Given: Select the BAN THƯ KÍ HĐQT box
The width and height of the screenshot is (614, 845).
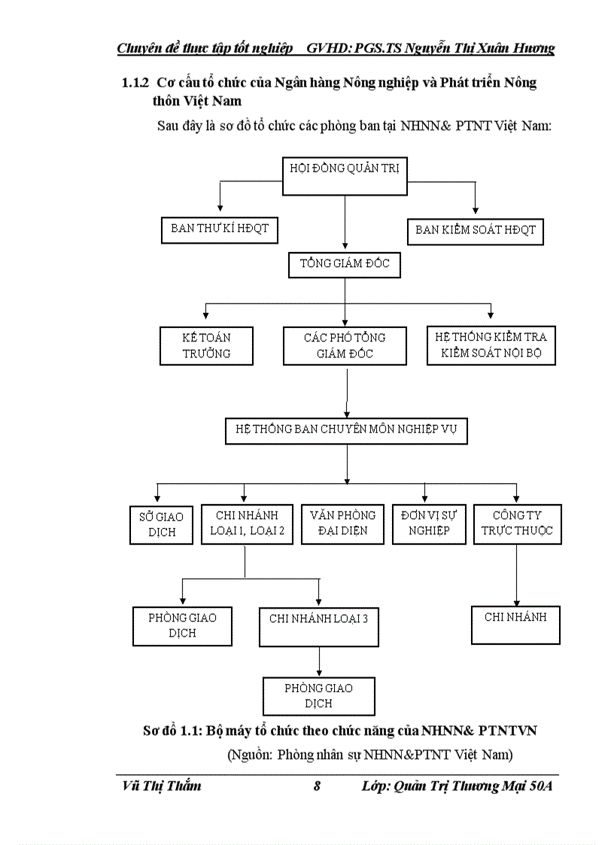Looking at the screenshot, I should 220,229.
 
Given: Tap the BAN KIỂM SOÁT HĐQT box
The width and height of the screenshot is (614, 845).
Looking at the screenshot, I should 476,230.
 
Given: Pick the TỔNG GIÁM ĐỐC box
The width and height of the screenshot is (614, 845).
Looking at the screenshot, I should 345,266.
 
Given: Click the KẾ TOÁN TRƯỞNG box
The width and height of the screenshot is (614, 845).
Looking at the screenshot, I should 206,345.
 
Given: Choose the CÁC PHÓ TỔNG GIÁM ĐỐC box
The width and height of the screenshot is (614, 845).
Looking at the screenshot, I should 345,345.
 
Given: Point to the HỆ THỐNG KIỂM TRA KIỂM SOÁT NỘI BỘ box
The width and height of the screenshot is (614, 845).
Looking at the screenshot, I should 491,345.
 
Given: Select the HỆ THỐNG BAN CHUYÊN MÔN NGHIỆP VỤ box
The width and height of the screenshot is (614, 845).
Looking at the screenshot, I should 347,431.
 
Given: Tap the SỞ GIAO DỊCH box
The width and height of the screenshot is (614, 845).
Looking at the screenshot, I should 161,524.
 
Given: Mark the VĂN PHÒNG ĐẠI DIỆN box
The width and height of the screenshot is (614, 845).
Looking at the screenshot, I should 342,524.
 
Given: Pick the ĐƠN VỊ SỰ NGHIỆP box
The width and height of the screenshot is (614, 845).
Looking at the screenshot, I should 429,524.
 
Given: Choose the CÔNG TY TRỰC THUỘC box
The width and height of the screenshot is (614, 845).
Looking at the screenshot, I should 517,524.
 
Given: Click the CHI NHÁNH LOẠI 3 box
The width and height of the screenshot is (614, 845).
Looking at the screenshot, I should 319,626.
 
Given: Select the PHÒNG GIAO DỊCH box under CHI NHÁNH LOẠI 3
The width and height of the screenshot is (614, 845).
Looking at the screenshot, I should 318,696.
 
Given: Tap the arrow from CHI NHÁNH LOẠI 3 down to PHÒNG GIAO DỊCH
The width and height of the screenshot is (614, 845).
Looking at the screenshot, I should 320,661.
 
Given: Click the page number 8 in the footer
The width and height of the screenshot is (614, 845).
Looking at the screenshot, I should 317,787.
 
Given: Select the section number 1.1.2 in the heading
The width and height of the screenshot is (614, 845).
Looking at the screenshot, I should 136,83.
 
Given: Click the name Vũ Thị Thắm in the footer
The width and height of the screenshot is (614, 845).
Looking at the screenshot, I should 161,787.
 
